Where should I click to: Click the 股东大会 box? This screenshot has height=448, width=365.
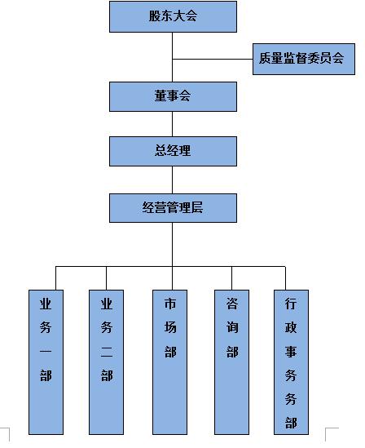coord(173,16)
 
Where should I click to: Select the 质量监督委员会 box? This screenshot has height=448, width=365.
coord(304,59)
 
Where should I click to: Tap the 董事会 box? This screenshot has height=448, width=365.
coord(173,96)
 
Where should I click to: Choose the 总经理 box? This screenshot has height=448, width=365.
coord(173,151)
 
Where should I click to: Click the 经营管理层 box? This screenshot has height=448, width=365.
coord(173,208)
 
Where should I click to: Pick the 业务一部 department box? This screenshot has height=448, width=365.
coord(46,362)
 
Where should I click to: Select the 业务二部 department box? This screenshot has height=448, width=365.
coord(107,362)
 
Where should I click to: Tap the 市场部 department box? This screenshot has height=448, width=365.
coord(170,362)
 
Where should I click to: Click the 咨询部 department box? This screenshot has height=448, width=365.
coord(232,362)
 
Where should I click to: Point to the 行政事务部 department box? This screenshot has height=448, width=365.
coord(291,362)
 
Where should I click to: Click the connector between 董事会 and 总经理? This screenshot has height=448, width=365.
coord(172,124)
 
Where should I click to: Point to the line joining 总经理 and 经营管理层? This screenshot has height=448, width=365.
coord(172,180)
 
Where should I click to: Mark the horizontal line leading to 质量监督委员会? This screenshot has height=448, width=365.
coord(213,59)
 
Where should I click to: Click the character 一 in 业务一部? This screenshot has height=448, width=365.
coord(46,351)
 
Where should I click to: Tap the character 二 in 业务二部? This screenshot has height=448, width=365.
coord(107,351)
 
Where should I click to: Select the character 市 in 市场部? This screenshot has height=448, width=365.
coord(170,304)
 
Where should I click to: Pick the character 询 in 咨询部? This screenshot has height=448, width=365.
coord(232,327)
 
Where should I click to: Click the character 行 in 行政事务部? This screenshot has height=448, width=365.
coord(291,304)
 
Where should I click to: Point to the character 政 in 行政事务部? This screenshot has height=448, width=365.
coord(291,327)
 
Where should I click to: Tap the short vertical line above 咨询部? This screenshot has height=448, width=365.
coord(231,278)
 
